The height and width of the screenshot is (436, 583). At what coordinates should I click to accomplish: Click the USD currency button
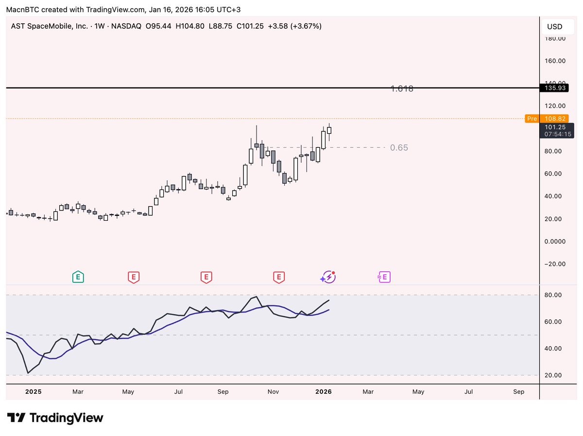click(x=554, y=27)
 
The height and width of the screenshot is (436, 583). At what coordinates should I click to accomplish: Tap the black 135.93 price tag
click(x=554, y=88)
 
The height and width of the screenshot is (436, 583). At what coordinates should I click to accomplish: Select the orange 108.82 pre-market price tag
click(x=554, y=119)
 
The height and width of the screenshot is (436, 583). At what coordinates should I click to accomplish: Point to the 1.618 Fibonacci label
click(x=402, y=89)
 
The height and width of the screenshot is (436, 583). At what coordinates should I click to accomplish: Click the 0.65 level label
click(x=399, y=148)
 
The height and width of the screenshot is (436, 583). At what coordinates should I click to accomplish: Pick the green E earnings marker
click(x=78, y=278)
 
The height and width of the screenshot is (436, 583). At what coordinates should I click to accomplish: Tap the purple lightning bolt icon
click(x=328, y=277)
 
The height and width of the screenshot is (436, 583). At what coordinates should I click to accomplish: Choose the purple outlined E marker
click(x=384, y=278)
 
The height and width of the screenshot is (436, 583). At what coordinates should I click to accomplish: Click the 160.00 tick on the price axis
click(x=554, y=61)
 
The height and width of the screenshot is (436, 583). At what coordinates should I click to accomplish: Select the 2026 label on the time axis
click(x=323, y=392)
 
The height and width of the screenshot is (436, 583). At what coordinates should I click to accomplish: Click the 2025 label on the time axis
click(x=33, y=392)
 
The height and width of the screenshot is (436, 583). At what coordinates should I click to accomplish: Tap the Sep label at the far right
click(x=518, y=392)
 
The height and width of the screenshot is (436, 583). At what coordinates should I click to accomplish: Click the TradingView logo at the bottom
click(x=55, y=418)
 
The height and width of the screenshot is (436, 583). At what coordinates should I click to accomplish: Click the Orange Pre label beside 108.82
click(x=532, y=119)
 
